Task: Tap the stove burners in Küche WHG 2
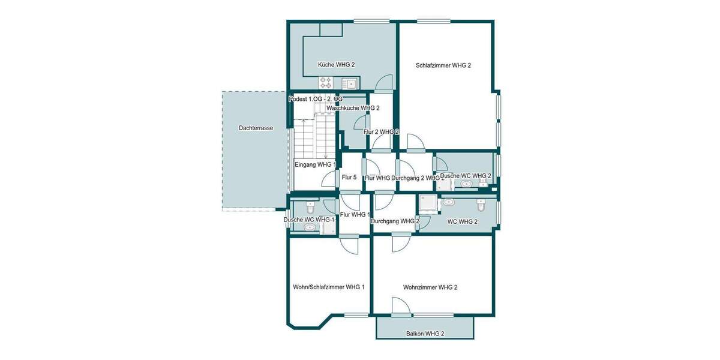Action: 326,82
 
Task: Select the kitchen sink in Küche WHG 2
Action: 349,83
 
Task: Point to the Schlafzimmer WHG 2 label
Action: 443,65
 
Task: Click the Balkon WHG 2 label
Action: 425,333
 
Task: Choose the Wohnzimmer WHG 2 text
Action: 430,287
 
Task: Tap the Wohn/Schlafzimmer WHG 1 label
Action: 328,287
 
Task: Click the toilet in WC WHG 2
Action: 481,205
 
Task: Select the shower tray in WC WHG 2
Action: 428,205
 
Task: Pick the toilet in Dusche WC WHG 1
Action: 310,208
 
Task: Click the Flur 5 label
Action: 349,178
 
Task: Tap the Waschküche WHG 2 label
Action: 353,108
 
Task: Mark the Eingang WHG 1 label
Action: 315,164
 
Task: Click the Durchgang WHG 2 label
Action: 394,221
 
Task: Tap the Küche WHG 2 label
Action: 337,65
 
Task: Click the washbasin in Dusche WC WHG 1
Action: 310,227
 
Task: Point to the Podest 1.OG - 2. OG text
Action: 316,99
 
